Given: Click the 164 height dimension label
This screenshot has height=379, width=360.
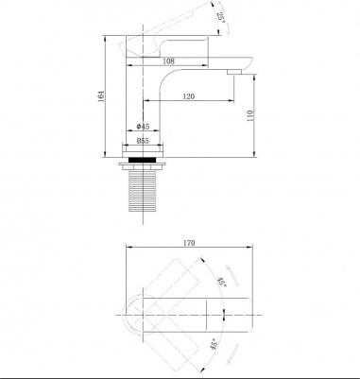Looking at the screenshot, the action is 101,95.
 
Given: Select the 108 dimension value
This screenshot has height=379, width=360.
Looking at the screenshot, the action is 168,61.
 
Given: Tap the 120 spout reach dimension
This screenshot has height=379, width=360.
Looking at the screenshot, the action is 188,96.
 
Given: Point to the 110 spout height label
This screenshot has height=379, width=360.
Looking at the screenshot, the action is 250,115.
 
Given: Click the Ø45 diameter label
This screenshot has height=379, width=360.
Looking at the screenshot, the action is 144,127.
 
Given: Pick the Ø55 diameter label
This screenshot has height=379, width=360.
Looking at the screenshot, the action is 144,141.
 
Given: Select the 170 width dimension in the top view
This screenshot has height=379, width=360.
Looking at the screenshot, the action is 189,243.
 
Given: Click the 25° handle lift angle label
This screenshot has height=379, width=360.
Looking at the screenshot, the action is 220,17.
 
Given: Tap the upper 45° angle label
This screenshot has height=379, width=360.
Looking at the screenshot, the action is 222,282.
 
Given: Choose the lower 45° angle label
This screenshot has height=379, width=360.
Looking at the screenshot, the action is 214,344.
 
